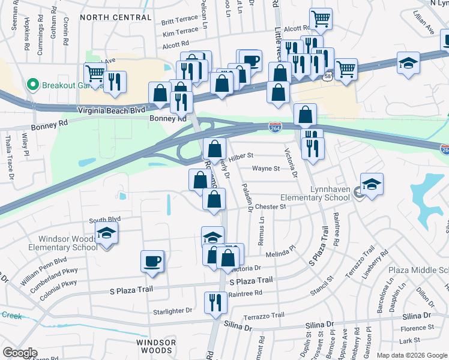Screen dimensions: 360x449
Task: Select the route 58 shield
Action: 328,77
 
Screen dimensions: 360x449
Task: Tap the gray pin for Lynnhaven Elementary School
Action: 358,193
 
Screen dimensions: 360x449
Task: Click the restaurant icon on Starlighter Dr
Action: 214,302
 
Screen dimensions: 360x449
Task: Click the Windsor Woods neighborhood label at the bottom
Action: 156,346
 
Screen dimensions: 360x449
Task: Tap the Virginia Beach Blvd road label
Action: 112,111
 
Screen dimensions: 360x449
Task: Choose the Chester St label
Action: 270,206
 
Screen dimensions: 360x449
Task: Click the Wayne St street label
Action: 266,169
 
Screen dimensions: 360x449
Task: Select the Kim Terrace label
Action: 180,31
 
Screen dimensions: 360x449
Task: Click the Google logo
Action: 20,353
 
